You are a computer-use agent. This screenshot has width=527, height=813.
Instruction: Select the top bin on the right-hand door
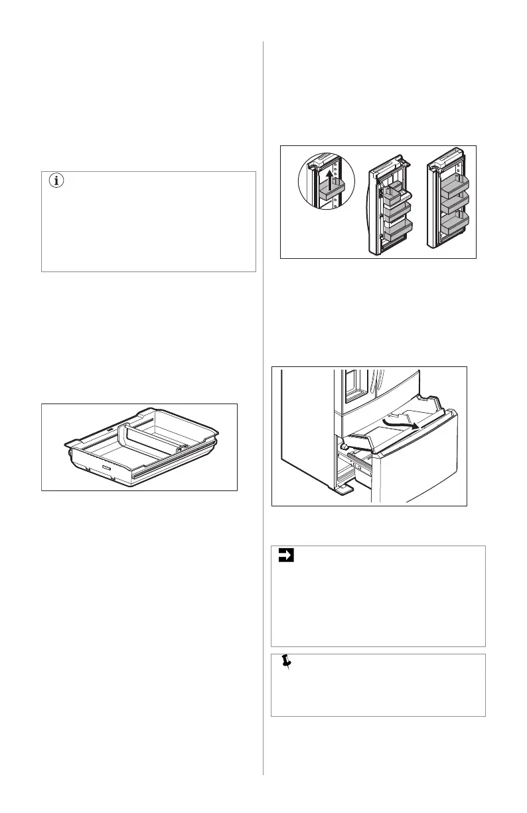[x=452, y=184]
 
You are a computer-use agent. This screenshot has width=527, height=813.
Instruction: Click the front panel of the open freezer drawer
[x=412, y=465]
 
